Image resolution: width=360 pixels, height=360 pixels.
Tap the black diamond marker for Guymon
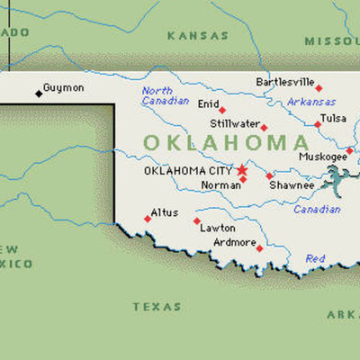[38, 93]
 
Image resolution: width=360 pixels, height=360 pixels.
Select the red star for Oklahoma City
[241, 168]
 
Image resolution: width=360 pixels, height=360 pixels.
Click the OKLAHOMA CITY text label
[188, 169]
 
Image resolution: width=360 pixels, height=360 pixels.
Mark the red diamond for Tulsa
[318, 124]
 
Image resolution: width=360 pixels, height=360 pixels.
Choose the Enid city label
[208, 104]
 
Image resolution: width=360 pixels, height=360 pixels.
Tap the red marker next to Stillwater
[264, 127]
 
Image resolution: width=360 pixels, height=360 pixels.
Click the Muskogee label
[322, 157]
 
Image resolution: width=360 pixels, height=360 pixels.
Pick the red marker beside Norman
[243, 179]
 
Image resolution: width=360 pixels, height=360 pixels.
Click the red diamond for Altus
[148, 219]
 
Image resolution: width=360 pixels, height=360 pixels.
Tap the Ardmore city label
[234, 242]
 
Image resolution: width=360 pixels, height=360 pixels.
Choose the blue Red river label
[315, 258]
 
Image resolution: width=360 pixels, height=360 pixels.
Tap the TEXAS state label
[157, 307]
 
